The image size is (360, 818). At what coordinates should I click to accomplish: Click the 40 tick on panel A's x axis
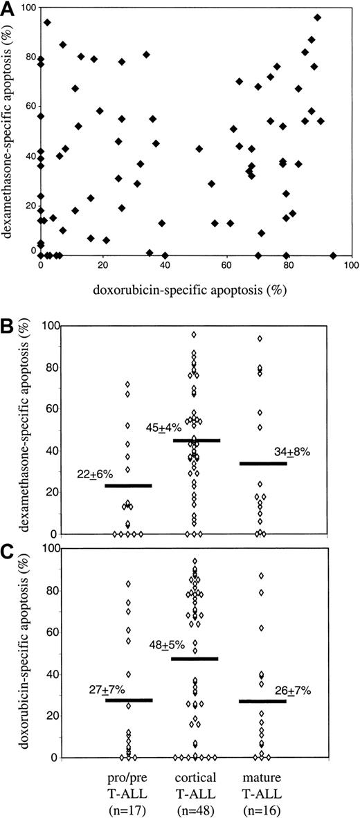tap(164, 266)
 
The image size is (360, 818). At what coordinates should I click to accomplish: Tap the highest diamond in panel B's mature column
tap(260, 338)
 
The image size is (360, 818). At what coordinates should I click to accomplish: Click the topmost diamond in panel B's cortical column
tap(195, 334)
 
